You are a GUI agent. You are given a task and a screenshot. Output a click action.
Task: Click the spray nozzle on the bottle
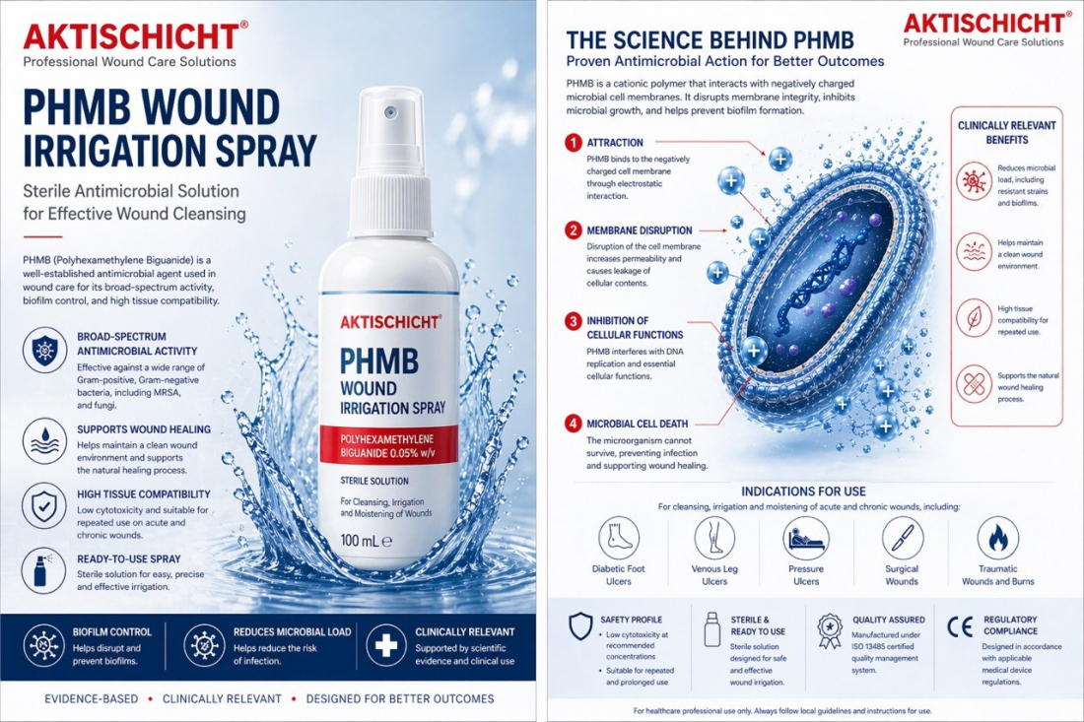pos(389,113)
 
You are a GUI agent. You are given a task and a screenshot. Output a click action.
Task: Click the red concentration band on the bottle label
pos(388,445)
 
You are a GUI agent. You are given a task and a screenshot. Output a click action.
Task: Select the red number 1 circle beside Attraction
pos(574,142)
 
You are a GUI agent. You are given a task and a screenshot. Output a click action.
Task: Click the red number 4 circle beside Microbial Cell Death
pos(574,424)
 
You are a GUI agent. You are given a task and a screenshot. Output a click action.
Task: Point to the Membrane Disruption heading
pos(640,230)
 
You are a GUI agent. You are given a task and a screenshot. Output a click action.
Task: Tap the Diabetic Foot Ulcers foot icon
pos(618,538)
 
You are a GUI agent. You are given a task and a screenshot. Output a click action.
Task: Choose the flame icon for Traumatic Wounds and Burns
pos(997,538)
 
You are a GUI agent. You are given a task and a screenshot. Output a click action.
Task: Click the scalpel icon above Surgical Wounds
pos(902,538)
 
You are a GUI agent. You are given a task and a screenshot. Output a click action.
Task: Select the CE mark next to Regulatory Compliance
pos(960,626)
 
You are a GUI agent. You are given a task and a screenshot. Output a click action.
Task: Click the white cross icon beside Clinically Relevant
pos(385,645)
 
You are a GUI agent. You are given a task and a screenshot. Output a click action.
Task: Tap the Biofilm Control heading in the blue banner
pos(112,631)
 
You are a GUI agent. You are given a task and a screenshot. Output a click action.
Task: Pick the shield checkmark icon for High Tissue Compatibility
pos(44,506)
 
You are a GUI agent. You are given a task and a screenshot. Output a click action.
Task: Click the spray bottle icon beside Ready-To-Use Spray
pos(44,571)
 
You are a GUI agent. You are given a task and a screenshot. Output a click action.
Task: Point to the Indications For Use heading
pos(803,492)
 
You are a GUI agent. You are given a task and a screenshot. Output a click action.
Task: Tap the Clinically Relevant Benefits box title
pos(1006,133)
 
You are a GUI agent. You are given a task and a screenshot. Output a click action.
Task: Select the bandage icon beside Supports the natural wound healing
pos(974,383)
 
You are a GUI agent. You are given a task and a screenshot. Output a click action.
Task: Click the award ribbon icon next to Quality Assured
pos(829,630)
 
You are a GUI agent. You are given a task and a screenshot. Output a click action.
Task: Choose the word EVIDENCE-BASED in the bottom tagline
pos(92,698)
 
